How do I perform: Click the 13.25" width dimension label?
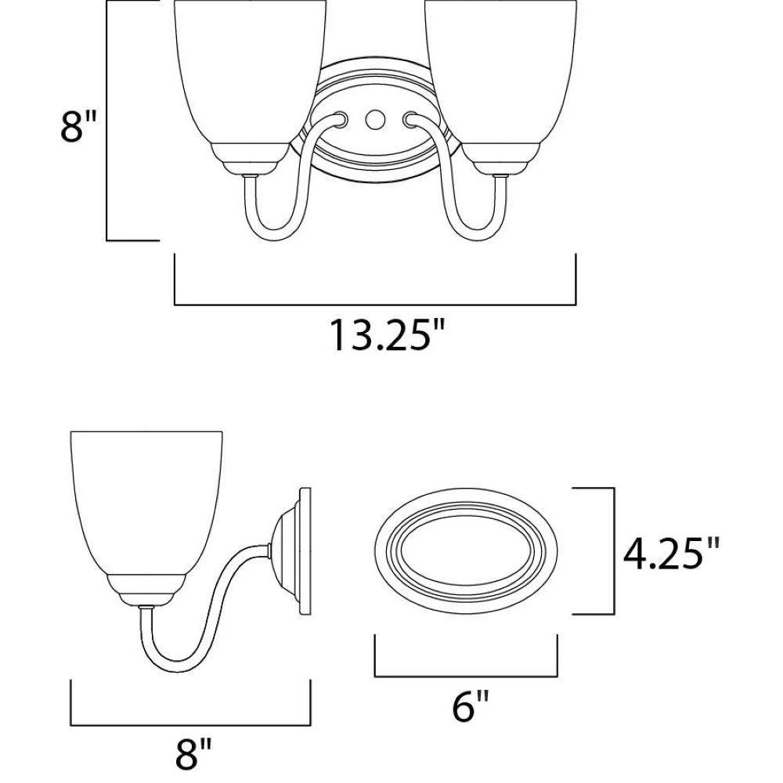(x=386, y=335)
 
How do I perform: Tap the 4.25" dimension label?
(x=671, y=554)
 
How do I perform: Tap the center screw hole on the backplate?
(x=373, y=119)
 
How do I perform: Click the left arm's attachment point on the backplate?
(x=341, y=119)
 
